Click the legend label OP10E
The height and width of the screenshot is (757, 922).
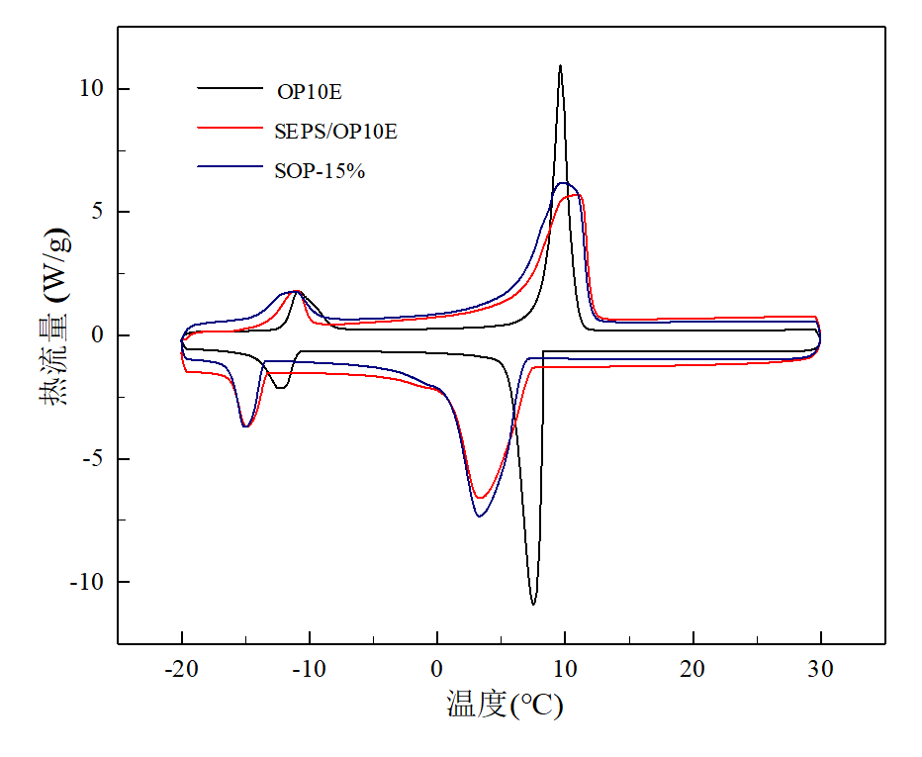pyautogui.click(x=309, y=92)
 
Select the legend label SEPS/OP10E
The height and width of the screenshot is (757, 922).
pyautogui.click(x=335, y=131)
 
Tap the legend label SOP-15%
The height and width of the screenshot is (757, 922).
pyautogui.click(x=321, y=170)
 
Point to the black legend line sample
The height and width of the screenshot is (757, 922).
pyautogui.click(x=229, y=89)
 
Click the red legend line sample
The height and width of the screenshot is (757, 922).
pyautogui.click(x=229, y=128)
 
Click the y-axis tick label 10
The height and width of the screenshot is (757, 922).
pyautogui.click(x=90, y=89)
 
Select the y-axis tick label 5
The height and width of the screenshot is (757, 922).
pyautogui.click(x=96, y=212)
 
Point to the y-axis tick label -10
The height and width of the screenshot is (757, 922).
pyautogui.click(x=86, y=582)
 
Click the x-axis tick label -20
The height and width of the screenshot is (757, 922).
pyautogui.click(x=181, y=670)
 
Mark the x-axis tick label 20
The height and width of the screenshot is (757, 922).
pyautogui.click(x=692, y=670)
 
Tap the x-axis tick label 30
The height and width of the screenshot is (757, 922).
pyautogui.click(x=820, y=670)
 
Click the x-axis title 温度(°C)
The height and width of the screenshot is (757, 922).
pyautogui.click(x=505, y=705)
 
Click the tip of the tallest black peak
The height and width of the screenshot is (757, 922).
pyautogui.click(x=560, y=66)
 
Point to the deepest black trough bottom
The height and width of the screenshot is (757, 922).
pyautogui.click(x=533, y=604)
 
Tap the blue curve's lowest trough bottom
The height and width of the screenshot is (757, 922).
pyautogui.click(x=480, y=517)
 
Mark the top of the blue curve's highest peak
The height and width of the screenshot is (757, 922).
pyautogui.click(x=564, y=183)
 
